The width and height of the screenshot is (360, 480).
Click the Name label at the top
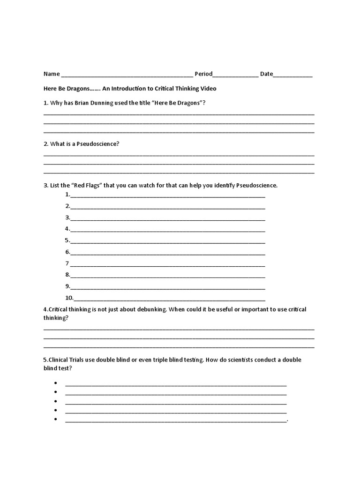point(52,74)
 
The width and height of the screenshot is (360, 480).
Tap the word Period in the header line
point(203,74)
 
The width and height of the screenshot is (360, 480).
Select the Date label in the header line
point(266,74)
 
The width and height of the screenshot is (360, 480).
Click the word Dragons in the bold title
point(77,88)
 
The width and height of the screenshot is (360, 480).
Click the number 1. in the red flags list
point(68,194)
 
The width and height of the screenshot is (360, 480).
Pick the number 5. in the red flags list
point(68,240)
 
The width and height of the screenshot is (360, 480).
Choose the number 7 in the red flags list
point(67,263)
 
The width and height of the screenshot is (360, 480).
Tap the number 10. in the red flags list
point(69,298)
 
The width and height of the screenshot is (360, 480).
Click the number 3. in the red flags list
point(68,217)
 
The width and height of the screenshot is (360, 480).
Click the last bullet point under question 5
point(55,419)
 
